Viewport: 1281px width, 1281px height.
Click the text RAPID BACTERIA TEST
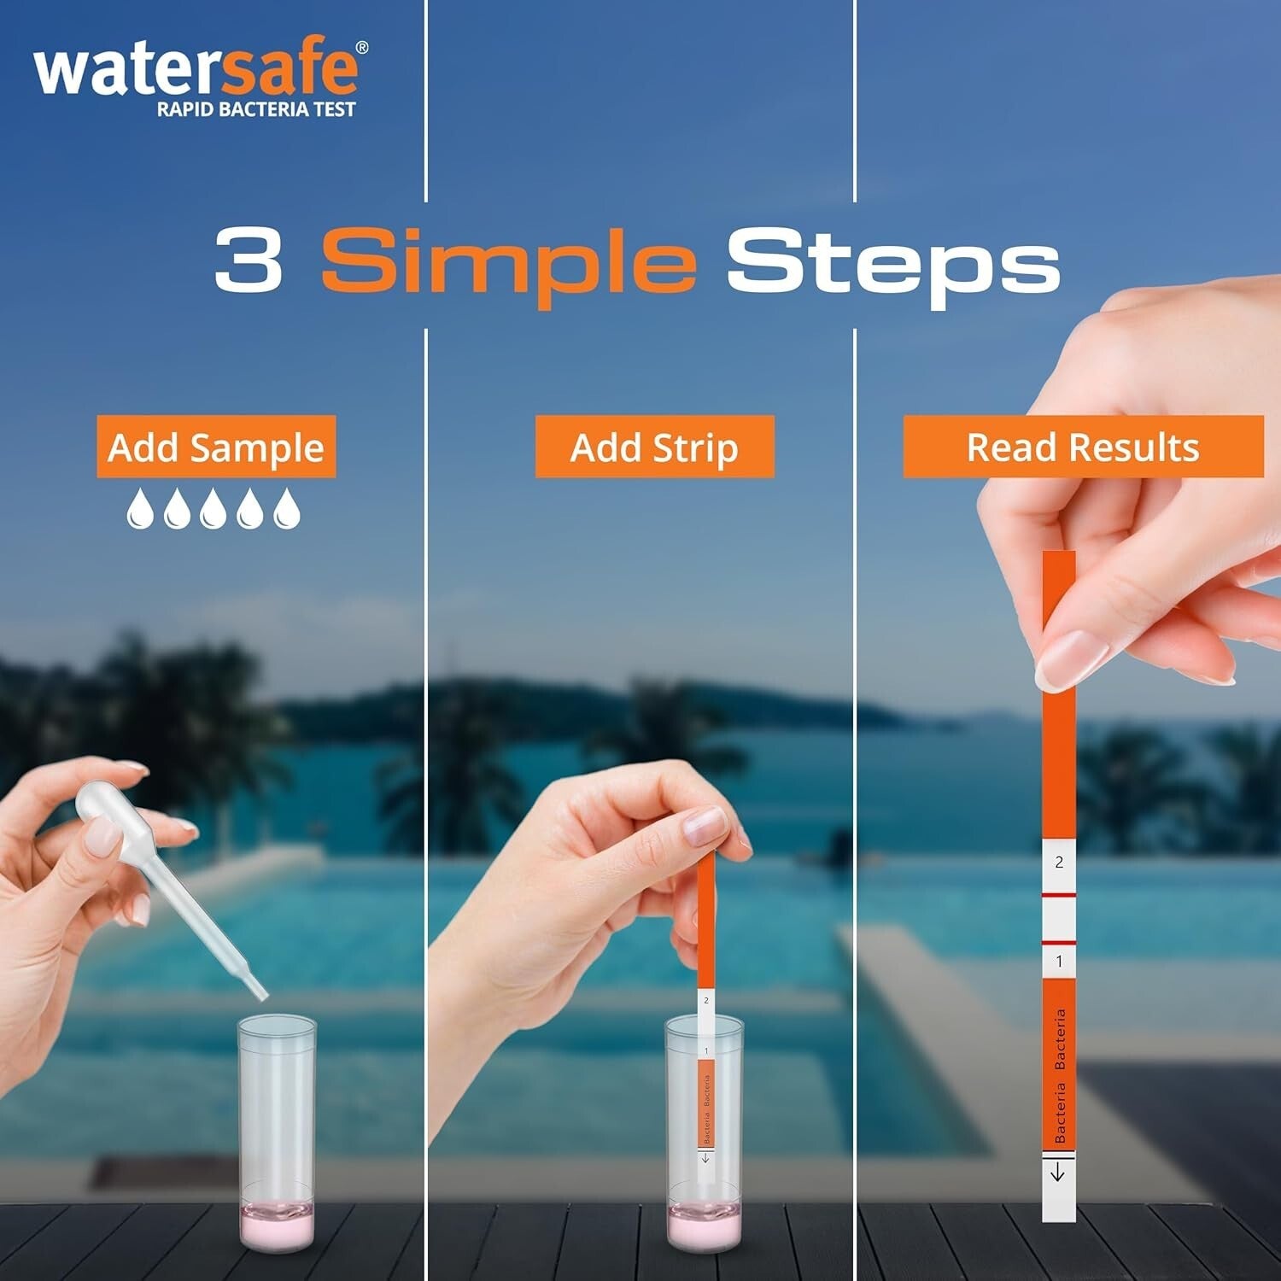pyautogui.click(x=255, y=109)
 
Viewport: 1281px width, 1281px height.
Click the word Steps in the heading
pyautogui.click(x=892, y=263)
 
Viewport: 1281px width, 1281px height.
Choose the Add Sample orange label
pyautogui.click(x=216, y=447)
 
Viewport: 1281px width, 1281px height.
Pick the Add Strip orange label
pyautogui.click(x=654, y=447)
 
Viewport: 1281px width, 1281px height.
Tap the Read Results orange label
pyautogui.click(x=1083, y=447)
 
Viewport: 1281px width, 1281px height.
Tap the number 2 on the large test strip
pyautogui.click(x=1059, y=863)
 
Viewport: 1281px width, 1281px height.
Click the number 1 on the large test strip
pyautogui.click(x=1059, y=962)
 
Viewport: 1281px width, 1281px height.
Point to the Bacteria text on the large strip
pyautogui.click(x=1060, y=1076)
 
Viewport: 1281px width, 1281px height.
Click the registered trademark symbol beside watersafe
pyautogui.click(x=362, y=48)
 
